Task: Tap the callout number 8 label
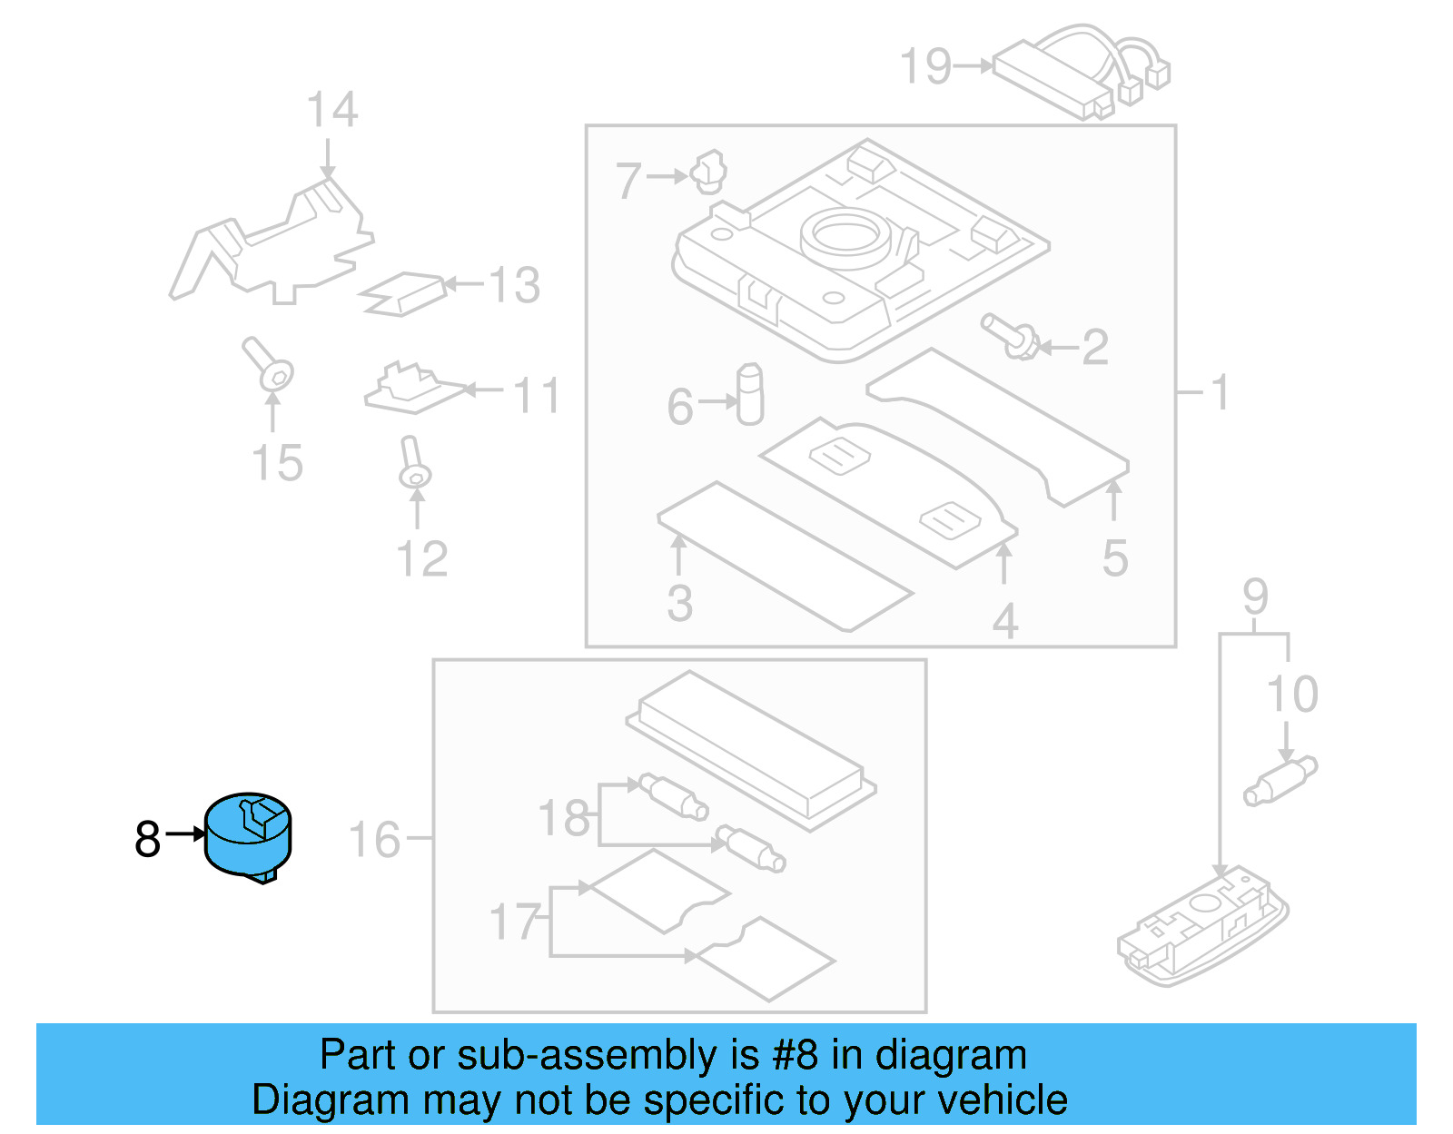(x=147, y=839)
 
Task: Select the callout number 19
(x=924, y=67)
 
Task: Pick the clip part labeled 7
(x=710, y=173)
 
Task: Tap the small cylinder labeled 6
(x=750, y=395)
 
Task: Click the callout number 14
(x=331, y=111)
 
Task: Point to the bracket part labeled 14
(x=272, y=245)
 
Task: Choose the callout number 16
(x=374, y=840)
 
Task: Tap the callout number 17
(x=514, y=922)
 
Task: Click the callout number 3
(x=679, y=604)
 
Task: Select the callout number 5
(x=1115, y=558)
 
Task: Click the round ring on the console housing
(x=845, y=235)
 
